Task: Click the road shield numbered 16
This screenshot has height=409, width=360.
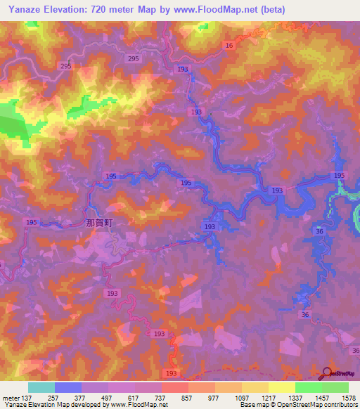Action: [x=229, y=45]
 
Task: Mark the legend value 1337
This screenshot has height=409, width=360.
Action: [x=295, y=397]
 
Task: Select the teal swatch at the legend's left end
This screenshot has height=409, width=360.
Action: [x=41, y=387]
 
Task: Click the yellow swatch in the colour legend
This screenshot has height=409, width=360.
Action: [x=281, y=387]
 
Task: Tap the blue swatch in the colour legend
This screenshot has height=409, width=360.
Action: [x=67, y=387]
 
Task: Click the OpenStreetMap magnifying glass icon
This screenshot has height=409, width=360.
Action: [x=328, y=373]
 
